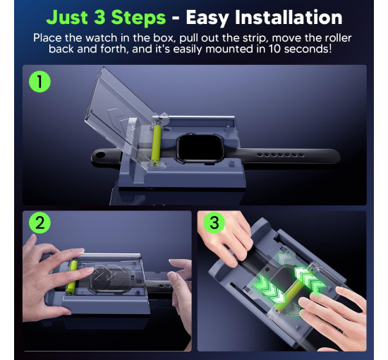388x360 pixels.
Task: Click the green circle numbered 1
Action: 40,81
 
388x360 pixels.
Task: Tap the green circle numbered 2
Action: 40,222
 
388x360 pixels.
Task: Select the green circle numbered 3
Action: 214,222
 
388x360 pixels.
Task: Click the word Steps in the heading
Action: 138,18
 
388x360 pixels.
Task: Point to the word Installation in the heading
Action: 289,18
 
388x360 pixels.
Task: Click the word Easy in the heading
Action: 209,18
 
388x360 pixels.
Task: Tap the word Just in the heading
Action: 67,18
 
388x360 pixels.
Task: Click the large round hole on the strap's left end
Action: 100,155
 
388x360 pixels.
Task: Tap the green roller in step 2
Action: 72,277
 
